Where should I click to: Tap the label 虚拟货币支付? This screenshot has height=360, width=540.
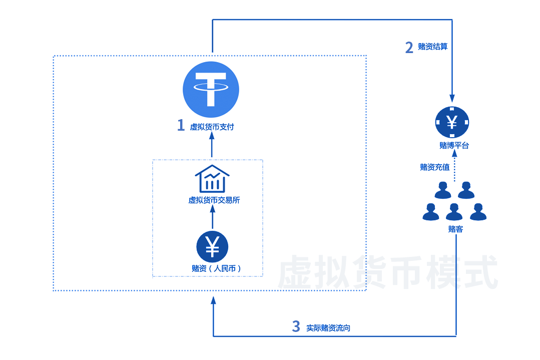point(212,127)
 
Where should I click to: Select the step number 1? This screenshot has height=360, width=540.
point(181,125)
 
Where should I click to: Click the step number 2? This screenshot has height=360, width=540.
point(409,47)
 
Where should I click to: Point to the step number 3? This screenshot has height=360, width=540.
point(296,326)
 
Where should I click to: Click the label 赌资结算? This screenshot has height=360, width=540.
point(433,47)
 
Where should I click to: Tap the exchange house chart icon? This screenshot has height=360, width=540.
point(212,179)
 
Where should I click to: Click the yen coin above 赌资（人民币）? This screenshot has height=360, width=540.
point(212,245)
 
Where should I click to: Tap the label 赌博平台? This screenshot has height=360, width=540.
point(454,146)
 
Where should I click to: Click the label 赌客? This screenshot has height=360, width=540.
point(455,229)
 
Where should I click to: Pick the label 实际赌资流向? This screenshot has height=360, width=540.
point(328,328)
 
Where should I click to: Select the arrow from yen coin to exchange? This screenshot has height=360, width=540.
point(212,218)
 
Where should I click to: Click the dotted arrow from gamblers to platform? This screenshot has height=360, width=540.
point(454,167)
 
